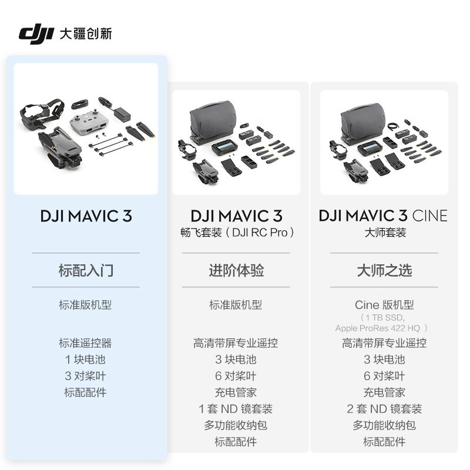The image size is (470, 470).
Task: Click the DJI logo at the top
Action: [36, 33]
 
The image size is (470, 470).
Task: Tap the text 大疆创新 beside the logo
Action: [86, 33]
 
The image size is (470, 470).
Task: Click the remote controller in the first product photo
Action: [85, 122]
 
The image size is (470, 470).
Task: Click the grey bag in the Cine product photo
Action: [365, 121]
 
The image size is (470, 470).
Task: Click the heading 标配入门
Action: [86, 270]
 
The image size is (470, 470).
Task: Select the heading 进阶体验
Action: [236, 270]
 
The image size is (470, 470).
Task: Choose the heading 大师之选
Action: [384, 270]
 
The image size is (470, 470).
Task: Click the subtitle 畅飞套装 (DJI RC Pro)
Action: [236, 233]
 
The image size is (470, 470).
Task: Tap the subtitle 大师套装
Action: [384, 233]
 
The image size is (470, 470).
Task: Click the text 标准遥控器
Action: [85, 343]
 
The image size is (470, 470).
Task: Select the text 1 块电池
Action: [85, 360]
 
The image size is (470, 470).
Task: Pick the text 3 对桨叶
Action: [85, 376]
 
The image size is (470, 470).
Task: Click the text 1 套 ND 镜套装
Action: [236, 409]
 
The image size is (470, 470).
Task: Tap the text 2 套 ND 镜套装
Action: [384, 409]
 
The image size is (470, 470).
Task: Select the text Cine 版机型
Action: [384, 305]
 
